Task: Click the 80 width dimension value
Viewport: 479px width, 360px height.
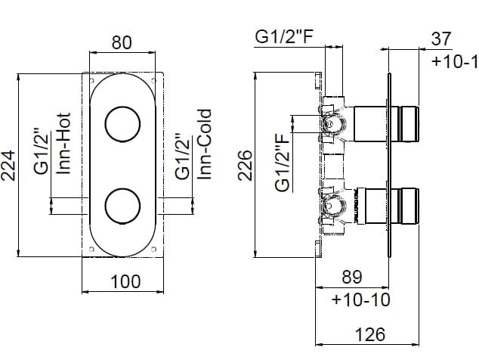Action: coord(122,42)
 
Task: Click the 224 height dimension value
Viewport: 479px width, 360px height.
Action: coord(10,166)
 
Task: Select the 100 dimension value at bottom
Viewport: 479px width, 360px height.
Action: coord(125,281)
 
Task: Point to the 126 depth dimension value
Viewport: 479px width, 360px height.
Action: coord(370,334)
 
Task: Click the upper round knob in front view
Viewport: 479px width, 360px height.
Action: coord(122,124)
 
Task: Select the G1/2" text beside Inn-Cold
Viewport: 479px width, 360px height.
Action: coord(181,157)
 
